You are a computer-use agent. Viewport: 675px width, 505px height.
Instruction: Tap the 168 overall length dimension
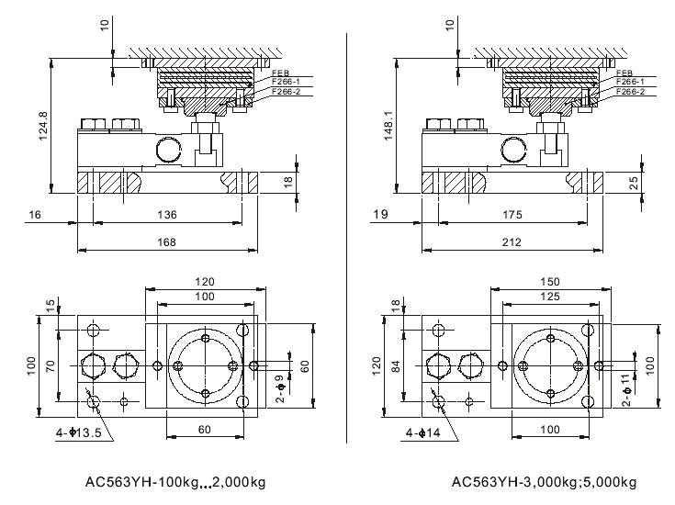click(166, 242)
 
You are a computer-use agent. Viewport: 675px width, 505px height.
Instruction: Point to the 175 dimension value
click(512, 214)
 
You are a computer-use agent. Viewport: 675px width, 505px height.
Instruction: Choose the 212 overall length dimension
click(512, 242)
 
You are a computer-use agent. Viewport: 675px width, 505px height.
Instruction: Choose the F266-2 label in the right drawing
click(631, 92)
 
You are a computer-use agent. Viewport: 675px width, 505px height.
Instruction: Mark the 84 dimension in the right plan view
click(396, 367)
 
